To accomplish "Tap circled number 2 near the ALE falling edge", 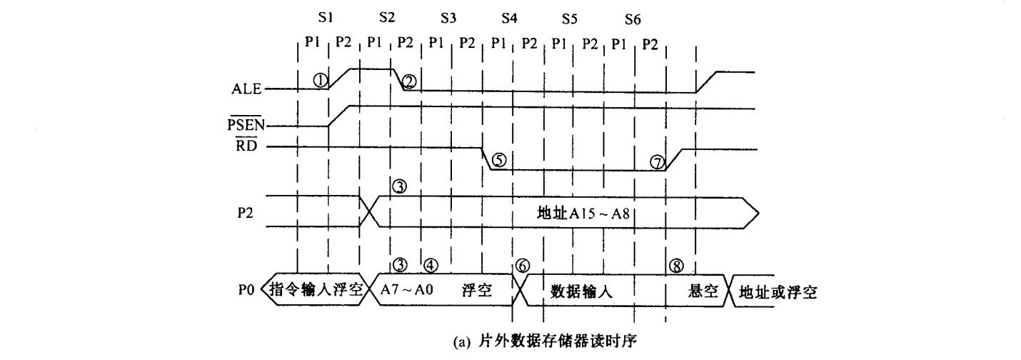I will click(408, 81).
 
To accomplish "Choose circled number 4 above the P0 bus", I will click(431, 264).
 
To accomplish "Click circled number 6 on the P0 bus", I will click(522, 265).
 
